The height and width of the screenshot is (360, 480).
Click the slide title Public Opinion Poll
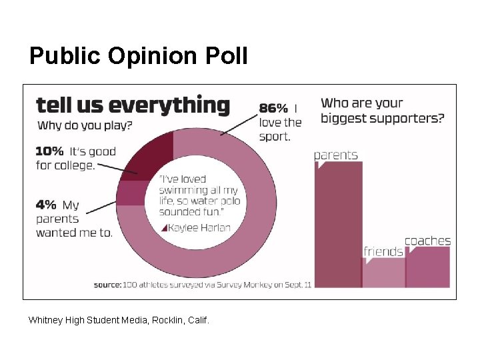point(138,56)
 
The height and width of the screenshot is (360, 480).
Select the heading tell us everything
point(132,105)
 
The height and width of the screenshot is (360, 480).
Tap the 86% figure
point(273,108)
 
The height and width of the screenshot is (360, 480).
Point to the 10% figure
point(49,151)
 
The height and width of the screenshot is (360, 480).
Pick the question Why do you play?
point(85,125)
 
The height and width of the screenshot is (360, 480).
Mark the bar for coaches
point(428,267)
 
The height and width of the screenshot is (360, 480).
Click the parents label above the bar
point(336,155)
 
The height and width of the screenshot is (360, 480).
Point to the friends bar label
point(383,251)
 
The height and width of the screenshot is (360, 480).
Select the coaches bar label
point(427,241)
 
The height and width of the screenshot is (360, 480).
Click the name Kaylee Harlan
point(200,228)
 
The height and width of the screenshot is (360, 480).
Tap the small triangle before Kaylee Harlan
point(165,228)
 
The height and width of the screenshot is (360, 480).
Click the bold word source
point(107,285)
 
